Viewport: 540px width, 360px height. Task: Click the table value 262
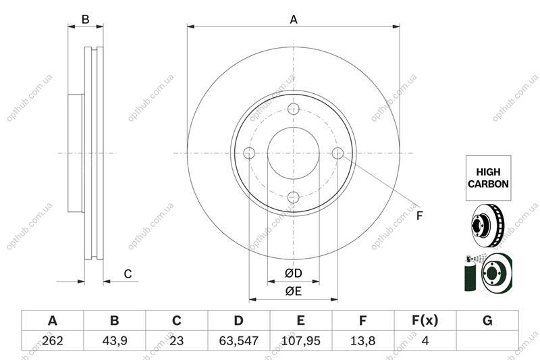pyautogui.click(x=53, y=340)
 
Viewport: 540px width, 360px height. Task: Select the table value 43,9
pyautogui.click(x=115, y=340)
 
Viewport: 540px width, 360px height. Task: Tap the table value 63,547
pyautogui.click(x=239, y=340)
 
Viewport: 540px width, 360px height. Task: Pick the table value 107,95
pyautogui.click(x=300, y=340)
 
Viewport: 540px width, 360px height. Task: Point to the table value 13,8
pyautogui.click(x=362, y=340)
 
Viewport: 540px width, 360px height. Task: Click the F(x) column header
pyautogui.click(x=425, y=321)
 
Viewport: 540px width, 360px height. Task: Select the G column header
pyautogui.click(x=487, y=321)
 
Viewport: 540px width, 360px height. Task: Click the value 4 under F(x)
pyautogui.click(x=425, y=340)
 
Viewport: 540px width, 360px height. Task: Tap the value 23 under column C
pyautogui.click(x=177, y=340)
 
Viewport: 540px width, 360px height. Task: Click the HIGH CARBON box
pyautogui.click(x=488, y=178)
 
